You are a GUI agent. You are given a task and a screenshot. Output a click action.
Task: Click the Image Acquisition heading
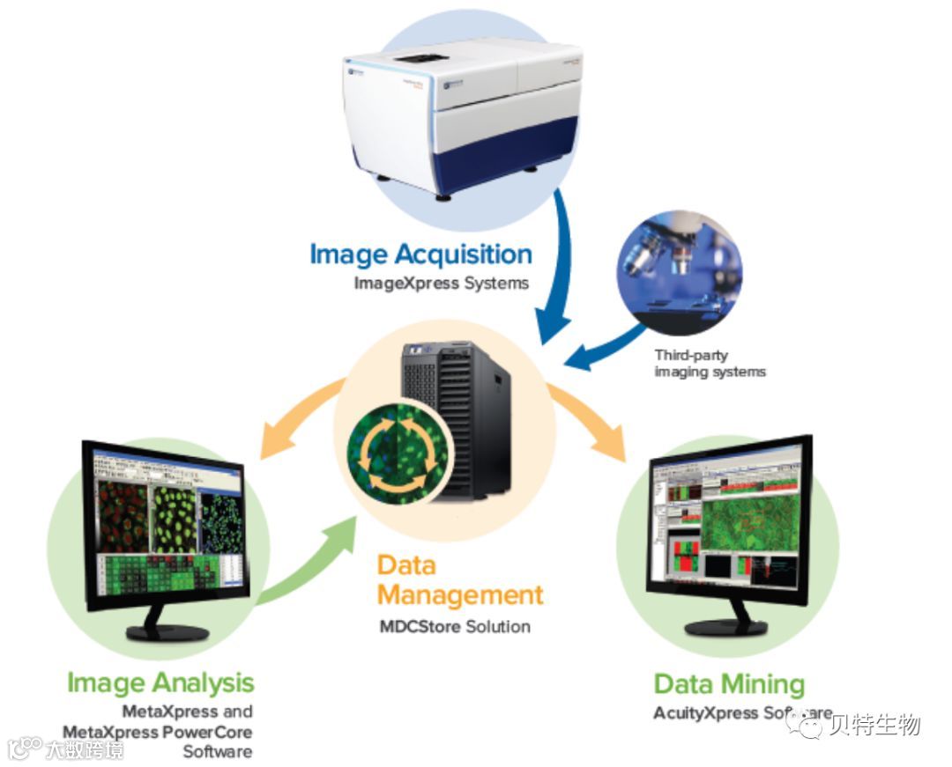point(420,254)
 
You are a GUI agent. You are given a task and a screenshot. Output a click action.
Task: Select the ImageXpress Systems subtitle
point(441,284)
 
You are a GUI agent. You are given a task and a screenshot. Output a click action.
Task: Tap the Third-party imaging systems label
point(710,364)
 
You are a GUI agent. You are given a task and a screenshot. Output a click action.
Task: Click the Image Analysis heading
point(160,682)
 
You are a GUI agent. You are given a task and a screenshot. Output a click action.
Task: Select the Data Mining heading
point(729,684)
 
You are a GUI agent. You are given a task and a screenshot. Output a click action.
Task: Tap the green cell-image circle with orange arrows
point(398,448)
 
